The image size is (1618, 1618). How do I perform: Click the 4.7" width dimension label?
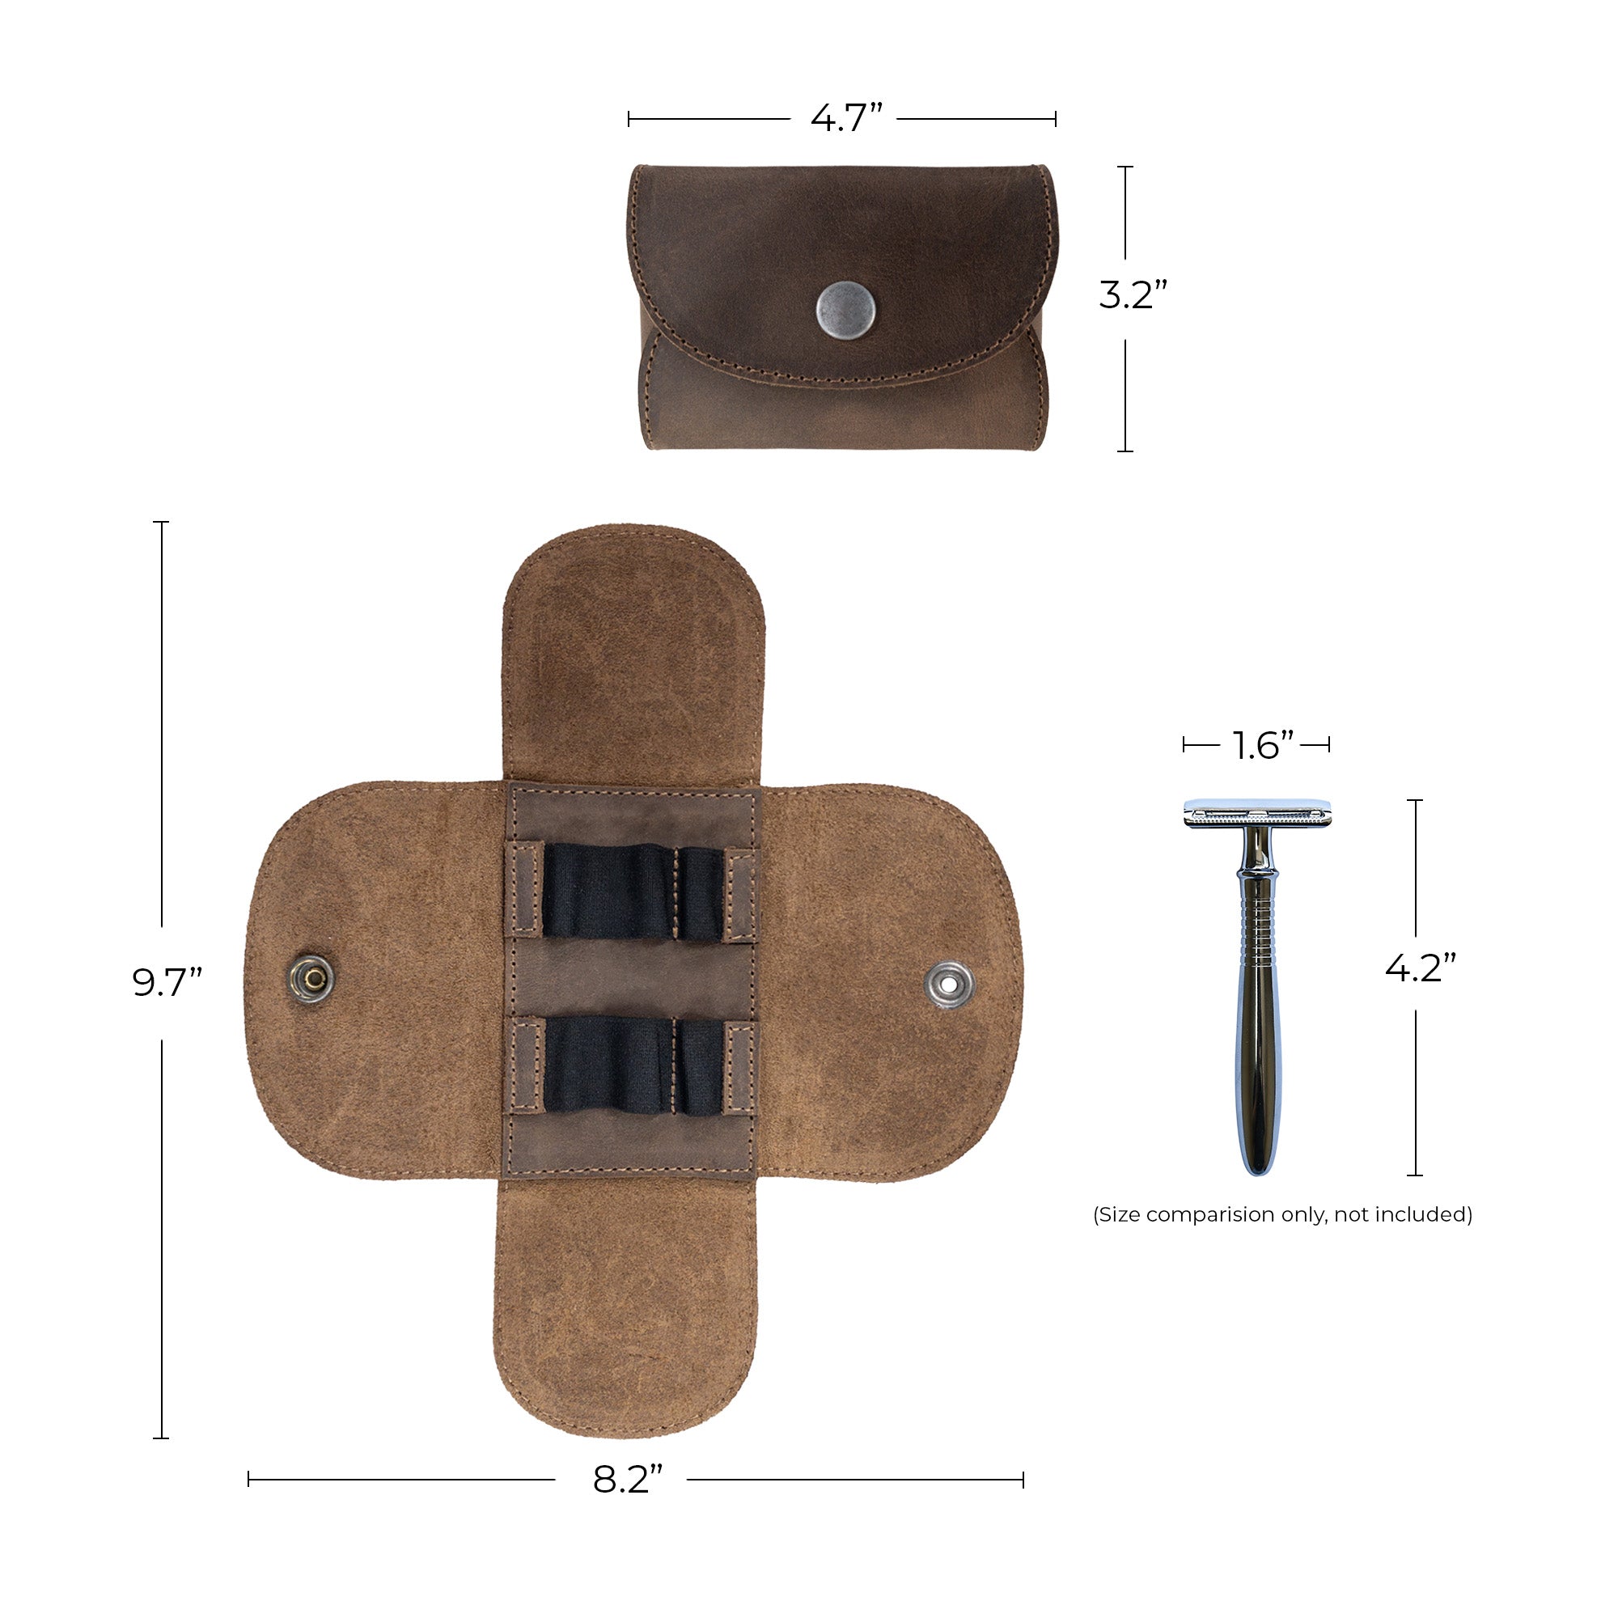click(x=846, y=118)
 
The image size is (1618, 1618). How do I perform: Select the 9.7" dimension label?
click(x=167, y=982)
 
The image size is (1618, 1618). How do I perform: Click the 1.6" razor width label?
click(x=1263, y=745)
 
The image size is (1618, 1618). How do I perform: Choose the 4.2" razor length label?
click(x=1421, y=968)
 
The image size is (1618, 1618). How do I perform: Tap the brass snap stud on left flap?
click(x=312, y=977)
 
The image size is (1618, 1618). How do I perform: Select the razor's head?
click(x=1256, y=813)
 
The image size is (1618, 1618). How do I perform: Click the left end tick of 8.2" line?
click(x=248, y=1480)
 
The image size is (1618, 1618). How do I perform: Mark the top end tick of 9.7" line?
click(x=162, y=522)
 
